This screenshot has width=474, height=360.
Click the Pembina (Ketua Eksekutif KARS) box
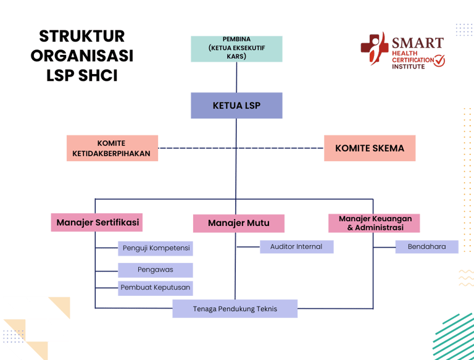click(236, 49)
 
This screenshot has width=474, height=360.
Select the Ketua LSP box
click(236, 106)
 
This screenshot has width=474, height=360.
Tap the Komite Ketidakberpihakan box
click(112, 148)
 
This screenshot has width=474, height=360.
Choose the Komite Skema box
click(369, 148)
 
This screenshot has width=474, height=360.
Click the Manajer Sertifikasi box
click(98, 222)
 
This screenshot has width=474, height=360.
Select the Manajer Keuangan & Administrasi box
click(375, 223)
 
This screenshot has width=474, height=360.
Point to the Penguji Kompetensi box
click(156, 249)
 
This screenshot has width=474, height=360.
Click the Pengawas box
click(156, 270)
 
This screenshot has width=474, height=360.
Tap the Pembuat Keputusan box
click(156, 288)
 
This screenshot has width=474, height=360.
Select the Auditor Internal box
click(296, 246)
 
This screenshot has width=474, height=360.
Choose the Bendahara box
click(426, 247)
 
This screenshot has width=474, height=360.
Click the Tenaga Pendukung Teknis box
click(235, 309)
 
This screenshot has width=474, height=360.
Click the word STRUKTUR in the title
click(81, 36)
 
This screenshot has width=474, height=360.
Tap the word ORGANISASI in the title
click(81, 56)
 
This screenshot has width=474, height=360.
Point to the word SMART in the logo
click(417, 43)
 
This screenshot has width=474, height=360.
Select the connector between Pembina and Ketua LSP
click(236, 77)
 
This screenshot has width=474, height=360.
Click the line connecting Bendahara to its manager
click(384, 247)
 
